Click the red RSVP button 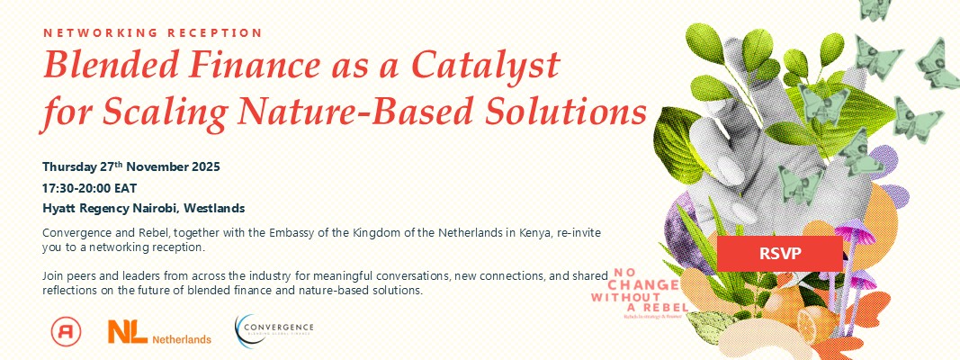pyautogui.click(x=779, y=253)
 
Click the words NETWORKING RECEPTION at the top pyautogui.click(x=153, y=32)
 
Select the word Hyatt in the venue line pyautogui.click(x=59, y=208)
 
